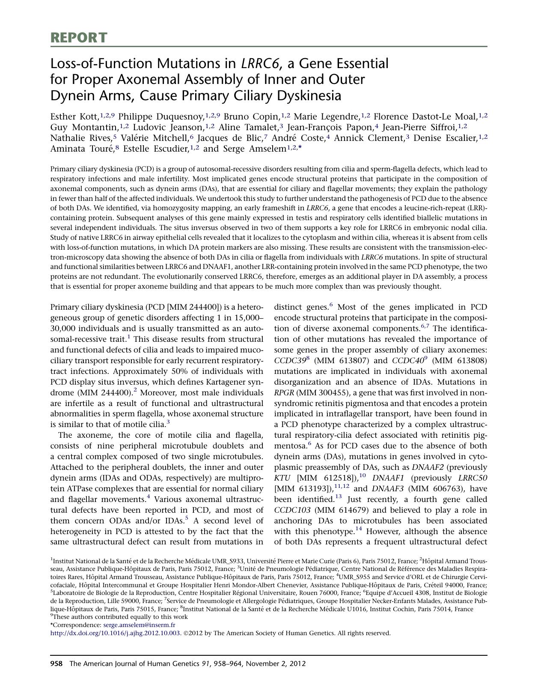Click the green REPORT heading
(x=79, y=38)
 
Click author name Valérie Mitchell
(x=155, y=138)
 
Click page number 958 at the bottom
(x=56, y=664)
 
